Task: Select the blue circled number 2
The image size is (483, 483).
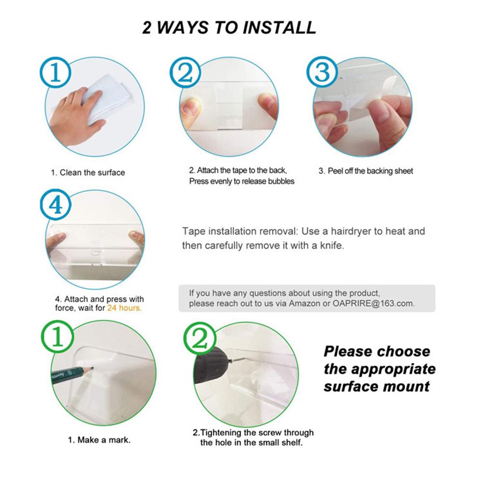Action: [185, 73]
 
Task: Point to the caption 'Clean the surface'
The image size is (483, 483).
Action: [92, 172]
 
